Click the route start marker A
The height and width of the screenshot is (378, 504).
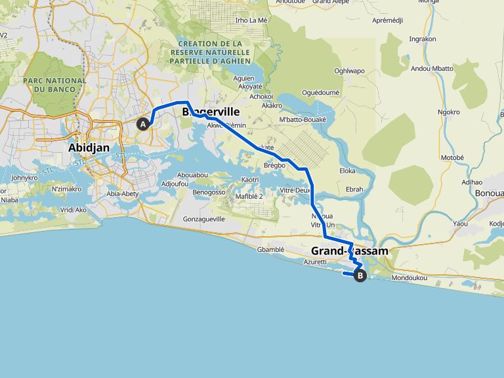pyautogui.click(x=142, y=123)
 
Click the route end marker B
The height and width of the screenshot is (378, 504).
pyautogui.click(x=360, y=276)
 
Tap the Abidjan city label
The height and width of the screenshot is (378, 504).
pyautogui.click(x=89, y=148)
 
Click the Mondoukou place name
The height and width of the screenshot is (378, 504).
pyautogui.click(x=409, y=278)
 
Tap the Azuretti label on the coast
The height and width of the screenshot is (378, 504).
pyautogui.click(x=315, y=262)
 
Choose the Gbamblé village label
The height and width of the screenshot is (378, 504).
pyautogui.click(x=271, y=249)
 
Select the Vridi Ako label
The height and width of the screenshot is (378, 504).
pyautogui.click(x=73, y=209)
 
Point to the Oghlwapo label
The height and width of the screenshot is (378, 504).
pyautogui.click(x=349, y=70)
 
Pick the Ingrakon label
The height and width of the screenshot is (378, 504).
pyautogui.click(x=422, y=39)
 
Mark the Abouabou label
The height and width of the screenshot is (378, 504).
pyautogui.click(x=193, y=175)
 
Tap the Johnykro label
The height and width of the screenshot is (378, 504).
pyautogui.click(x=24, y=177)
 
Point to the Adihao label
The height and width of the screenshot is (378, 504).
pyautogui.click(x=472, y=182)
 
